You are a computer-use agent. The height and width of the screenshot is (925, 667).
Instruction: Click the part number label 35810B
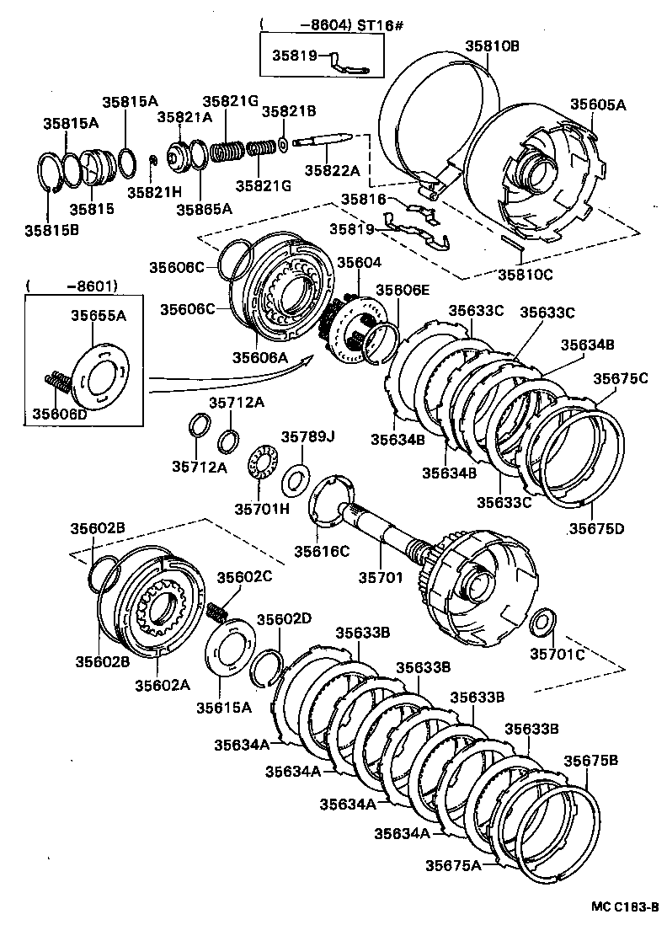tap(493, 46)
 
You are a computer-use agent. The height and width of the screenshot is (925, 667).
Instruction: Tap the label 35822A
tap(332, 170)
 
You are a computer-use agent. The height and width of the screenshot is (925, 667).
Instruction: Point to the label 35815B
tap(51, 228)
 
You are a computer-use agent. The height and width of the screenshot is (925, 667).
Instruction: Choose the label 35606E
tap(403, 290)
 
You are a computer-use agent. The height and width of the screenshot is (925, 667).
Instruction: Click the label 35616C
tap(321, 551)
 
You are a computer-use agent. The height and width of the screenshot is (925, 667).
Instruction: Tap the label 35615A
tap(224, 708)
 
